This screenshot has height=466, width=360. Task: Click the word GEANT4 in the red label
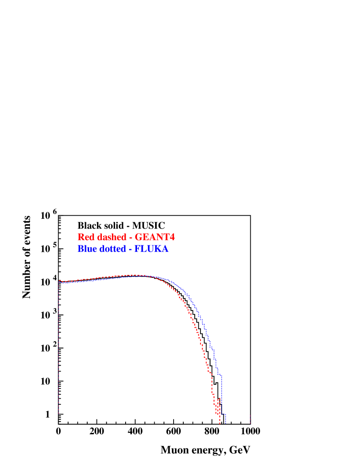(x=156, y=237)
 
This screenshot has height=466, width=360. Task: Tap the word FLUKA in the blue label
(x=151, y=249)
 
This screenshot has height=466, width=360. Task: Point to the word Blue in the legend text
(x=87, y=249)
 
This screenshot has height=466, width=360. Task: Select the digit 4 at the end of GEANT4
(x=172, y=237)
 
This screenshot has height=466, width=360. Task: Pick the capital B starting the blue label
(x=81, y=249)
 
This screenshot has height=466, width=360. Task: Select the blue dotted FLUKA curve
(x=203, y=322)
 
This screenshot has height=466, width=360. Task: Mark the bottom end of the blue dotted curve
(x=225, y=423)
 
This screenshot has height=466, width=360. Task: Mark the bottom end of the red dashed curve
(x=219, y=424)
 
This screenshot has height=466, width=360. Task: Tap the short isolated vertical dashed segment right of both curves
(x=250, y=419)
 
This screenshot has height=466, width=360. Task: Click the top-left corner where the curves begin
(x=59, y=281)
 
